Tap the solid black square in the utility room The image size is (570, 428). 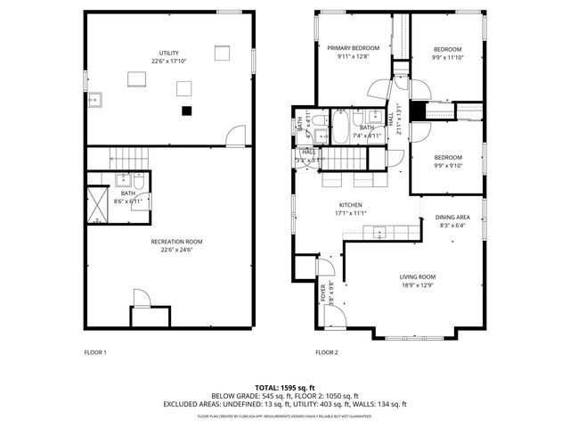tap(185, 111)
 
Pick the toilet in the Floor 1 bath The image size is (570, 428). tap(139, 185)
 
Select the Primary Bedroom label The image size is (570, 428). tap(354, 48)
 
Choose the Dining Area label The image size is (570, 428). tap(452, 218)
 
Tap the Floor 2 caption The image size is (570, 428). tap(328, 353)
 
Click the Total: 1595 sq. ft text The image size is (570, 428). tap(285, 387)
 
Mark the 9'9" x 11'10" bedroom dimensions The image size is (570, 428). tap(448, 57)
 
